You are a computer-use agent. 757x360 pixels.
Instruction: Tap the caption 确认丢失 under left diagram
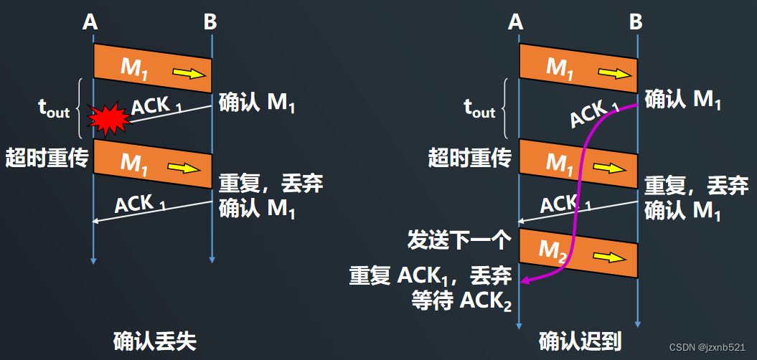(155, 341)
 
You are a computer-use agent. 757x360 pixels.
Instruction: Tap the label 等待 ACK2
(461, 302)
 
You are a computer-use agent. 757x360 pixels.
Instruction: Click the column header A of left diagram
(90, 22)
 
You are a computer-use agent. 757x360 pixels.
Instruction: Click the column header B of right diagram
(635, 22)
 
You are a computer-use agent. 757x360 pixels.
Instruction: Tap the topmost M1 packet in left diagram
(152, 67)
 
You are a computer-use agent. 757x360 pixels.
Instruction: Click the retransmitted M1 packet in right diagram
(578, 164)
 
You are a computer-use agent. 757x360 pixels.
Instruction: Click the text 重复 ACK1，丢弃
(430, 276)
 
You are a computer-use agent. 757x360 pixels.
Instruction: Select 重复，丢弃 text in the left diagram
(270, 184)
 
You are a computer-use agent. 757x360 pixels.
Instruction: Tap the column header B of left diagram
(210, 22)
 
